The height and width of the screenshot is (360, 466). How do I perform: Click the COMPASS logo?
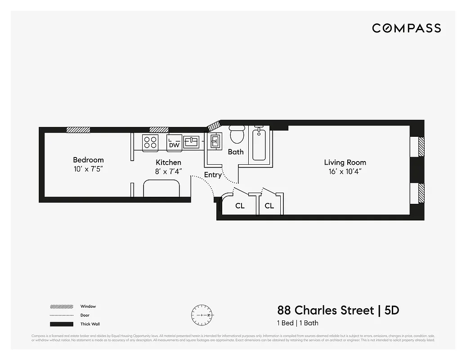click(406, 28)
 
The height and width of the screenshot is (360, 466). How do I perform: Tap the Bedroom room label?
click(88, 160)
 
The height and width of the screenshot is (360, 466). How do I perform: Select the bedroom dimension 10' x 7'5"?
click(88, 169)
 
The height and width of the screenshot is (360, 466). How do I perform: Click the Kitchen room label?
click(168, 162)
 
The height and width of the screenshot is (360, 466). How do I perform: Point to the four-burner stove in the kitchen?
click(150, 142)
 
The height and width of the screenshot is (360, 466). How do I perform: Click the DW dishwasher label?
click(174, 145)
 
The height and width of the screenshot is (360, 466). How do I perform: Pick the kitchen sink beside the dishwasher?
click(191, 142)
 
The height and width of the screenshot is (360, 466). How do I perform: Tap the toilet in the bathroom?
click(237, 134)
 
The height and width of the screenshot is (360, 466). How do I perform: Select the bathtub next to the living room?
click(259, 144)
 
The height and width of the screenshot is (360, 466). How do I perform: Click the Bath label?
click(235, 152)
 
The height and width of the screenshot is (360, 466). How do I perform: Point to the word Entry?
click(213, 175)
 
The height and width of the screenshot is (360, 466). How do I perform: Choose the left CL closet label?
click(240, 206)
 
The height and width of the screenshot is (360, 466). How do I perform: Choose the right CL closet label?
click(269, 206)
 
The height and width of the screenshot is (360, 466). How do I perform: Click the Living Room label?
click(345, 162)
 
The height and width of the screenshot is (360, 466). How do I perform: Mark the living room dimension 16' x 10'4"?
click(345, 171)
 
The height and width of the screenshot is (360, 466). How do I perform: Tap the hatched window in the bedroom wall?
click(78, 130)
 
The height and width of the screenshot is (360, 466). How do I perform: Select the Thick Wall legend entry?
click(90, 324)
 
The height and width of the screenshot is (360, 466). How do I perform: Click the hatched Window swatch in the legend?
click(61, 307)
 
